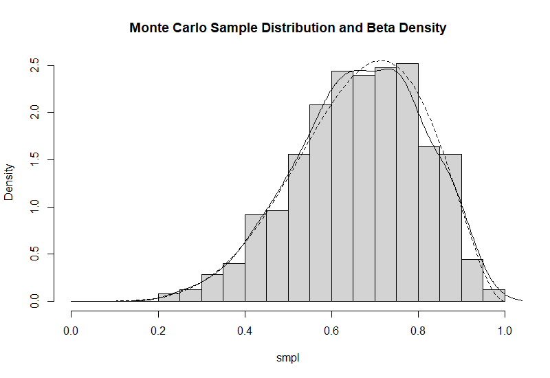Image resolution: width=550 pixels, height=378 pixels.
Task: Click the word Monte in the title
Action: tap(148, 28)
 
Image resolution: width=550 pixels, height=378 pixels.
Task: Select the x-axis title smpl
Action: tap(287, 358)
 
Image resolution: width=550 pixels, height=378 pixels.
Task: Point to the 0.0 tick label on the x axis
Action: tap(71, 331)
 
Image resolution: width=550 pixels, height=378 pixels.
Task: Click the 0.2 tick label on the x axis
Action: tap(158, 331)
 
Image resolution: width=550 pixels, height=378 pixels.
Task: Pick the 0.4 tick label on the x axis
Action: tap(245, 331)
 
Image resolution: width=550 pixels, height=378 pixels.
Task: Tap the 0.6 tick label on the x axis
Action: tap(331, 331)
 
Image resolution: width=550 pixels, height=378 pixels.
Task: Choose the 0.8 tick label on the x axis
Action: tap(418, 331)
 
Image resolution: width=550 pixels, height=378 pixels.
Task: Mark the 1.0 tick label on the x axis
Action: tap(505, 331)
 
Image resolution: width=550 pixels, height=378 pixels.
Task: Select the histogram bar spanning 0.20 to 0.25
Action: tap(168, 298)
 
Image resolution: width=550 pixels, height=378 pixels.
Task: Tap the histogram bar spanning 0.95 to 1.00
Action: tap(494, 296)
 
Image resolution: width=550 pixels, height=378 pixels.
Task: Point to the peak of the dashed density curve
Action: tap(382, 60)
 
